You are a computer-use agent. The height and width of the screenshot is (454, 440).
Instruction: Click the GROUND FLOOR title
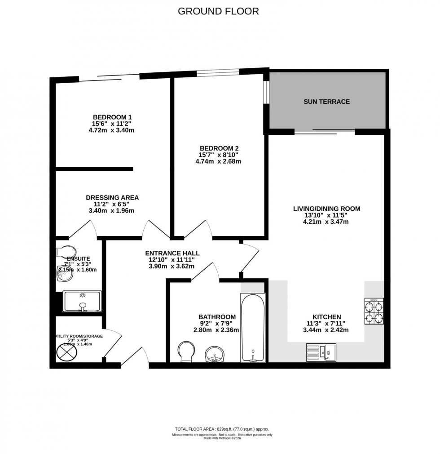tap(218, 11)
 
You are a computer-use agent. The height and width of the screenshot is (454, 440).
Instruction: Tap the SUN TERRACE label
tap(326, 102)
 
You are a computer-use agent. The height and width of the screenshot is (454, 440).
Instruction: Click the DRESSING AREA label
tap(112, 197)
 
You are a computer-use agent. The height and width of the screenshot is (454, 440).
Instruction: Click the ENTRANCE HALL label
tap(172, 253)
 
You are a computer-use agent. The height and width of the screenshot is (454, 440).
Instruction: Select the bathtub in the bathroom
tap(253, 328)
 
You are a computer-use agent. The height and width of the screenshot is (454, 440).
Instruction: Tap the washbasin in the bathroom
tap(216, 354)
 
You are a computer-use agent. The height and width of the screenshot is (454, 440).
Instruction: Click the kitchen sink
tap(321, 352)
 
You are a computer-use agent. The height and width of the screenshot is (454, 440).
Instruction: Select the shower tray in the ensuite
tap(82, 301)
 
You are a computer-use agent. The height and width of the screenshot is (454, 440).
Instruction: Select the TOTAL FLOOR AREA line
tap(222, 429)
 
